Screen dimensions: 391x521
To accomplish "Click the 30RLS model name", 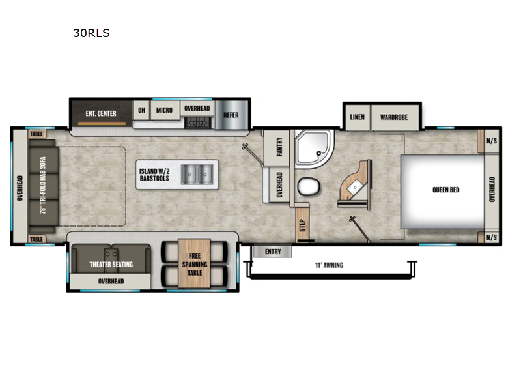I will tap(91, 33).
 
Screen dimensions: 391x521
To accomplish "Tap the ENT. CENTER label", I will tap(101, 113).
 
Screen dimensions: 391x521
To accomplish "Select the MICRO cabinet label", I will tap(164, 110).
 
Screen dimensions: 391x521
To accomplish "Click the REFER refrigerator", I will tap(231, 115).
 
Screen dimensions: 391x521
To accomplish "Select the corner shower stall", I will tap(313, 149).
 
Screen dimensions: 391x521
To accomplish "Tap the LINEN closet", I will tap(357, 117).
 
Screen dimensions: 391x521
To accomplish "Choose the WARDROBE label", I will tap(394, 117).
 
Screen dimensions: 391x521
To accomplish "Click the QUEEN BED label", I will tap(446, 190).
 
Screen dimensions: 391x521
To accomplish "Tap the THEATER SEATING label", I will tap(111, 264).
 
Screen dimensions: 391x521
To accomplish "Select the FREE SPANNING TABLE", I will tap(195, 264).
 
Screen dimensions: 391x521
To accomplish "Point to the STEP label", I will tap(302, 224).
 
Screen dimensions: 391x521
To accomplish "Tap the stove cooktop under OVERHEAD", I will tap(197, 122).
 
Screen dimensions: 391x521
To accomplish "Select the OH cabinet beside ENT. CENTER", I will tap(141, 110).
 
